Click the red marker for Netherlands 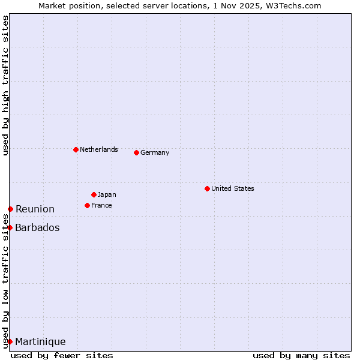click(76, 149)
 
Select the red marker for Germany click(136, 152)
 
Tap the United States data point click(207, 188)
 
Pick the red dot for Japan click(94, 194)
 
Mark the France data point click(87, 205)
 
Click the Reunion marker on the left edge click(10, 209)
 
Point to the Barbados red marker click(10, 227)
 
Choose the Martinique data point click(10, 341)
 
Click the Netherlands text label click(99, 149)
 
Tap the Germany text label click(155, 152)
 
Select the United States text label click(233, 188)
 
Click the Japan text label click(107, 194)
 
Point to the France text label click(101, 205)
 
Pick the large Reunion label click(35, 209)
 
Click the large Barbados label click(37, 227)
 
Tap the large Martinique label click(40, 341)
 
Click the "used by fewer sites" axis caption click(62, 355)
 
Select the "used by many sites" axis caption click(301, 355)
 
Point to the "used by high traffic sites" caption click(5, 86)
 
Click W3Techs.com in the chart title click(294, 5)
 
